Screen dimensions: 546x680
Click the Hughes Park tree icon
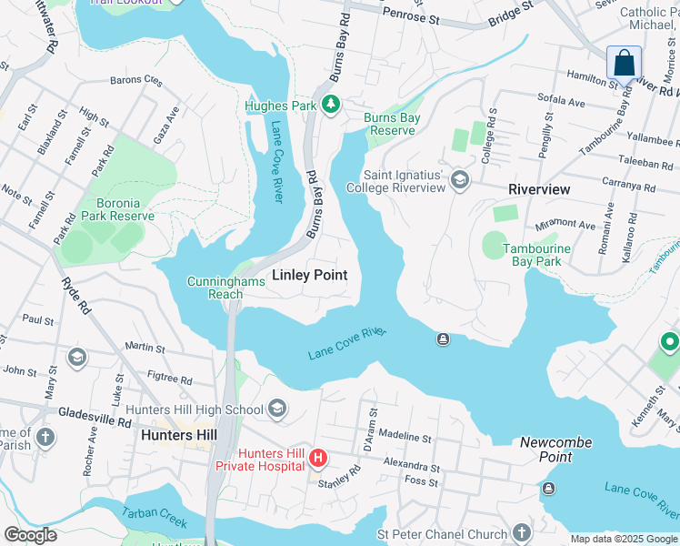point(331,106)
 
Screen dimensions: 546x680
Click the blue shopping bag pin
point(624,65)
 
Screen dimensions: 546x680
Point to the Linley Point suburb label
point(310,275)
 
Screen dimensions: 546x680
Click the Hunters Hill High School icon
point(277,409)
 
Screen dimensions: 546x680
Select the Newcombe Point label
point(555,442)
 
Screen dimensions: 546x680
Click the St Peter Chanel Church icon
point(521,532)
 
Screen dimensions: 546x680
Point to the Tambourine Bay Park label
point(537,255)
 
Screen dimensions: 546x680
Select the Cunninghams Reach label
point(226,288)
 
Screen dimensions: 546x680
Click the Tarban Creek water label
point(155,519)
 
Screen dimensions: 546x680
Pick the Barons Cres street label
point(136,80)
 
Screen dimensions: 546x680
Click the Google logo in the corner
point(30,534)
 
